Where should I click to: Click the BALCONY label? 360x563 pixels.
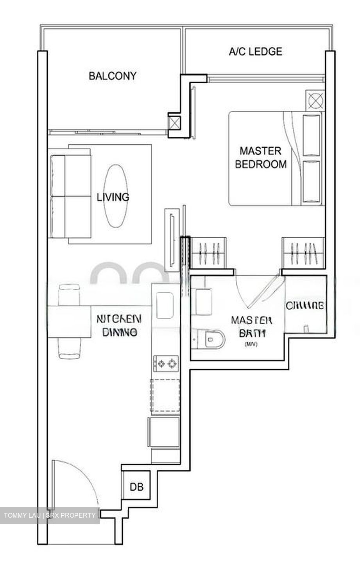click(112, 75)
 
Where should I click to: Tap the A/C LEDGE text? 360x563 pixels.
click(255, 51)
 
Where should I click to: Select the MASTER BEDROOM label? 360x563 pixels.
click(260, 158)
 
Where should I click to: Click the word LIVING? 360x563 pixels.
click(113, 197)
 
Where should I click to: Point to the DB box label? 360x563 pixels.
click(136, 487)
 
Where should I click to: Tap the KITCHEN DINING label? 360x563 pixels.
click(119, 325)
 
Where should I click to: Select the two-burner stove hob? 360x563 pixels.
click(166, 364)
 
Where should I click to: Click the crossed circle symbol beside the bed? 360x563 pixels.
click(315, 100)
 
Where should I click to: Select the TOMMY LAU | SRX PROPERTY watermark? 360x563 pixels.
click(50, 515)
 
